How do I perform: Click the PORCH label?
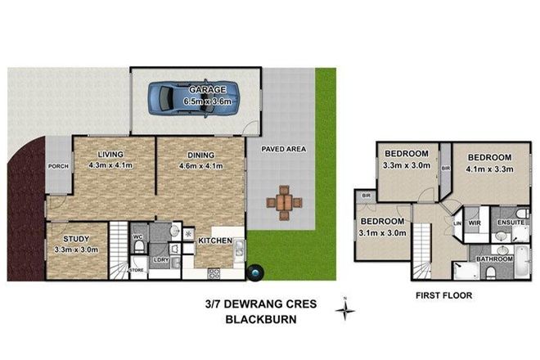(58, 167)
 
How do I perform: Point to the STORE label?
(137, 268)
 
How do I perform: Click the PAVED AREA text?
(283, 150)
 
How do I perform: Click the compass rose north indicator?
(349, 307)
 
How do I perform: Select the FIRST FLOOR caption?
(442, 294)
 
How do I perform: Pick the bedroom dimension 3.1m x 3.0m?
(383, 233)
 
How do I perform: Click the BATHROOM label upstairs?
(496, 259)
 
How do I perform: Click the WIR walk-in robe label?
(474, 221)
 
